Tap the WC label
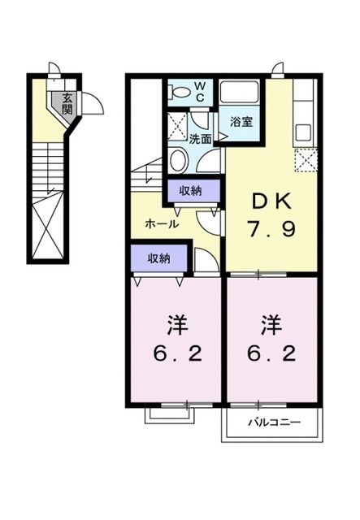(x=200, y=90)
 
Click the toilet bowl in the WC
(x=180, y=94)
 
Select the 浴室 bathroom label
(x=240, y=123)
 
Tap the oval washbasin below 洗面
(x=178, y=160)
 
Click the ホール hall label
(x=162, y=223)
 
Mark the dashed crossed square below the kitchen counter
(x=305, y=162)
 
